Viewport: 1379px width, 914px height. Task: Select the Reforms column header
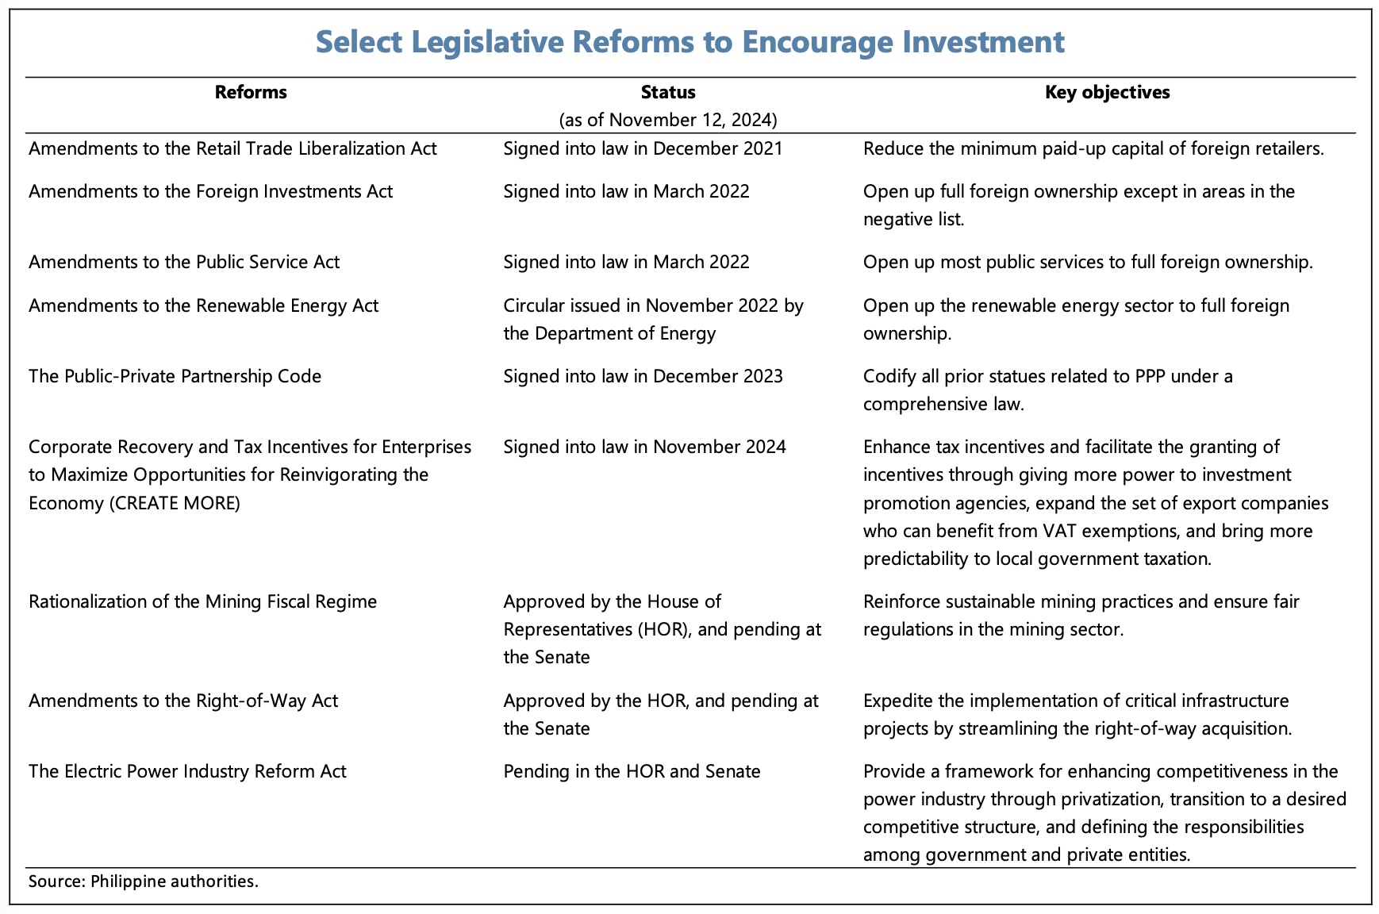(x=251, y=92)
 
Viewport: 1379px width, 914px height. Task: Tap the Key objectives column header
(x=1107, y=92)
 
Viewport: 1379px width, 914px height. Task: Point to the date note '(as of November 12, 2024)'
(x=668, y=120)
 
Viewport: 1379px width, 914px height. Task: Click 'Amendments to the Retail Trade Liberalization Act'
(x=232, y=148)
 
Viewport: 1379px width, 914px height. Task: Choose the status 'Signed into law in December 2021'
(x=643, y=148)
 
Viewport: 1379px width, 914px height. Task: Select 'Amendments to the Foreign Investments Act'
(x=210, y=191)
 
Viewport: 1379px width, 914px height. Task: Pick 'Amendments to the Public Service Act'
(x=184, y=262)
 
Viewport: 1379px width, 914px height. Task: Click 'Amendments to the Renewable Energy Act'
(x=204, y=305)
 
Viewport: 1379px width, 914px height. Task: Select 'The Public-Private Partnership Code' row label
(x=175, y=376)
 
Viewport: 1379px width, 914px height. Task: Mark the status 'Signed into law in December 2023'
(x=643, y=376)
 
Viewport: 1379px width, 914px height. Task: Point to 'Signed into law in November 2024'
(x=644, y=447)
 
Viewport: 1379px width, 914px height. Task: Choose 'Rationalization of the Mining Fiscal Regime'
(x=202, y=601)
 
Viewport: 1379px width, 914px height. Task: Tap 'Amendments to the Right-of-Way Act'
(x=183, y=701)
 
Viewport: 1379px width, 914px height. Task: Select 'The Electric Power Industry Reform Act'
(x=187, y=771)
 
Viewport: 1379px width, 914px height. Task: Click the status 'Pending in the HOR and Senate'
(x=632, y=771)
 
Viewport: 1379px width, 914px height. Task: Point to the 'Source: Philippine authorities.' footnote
(x=144, y=881)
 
